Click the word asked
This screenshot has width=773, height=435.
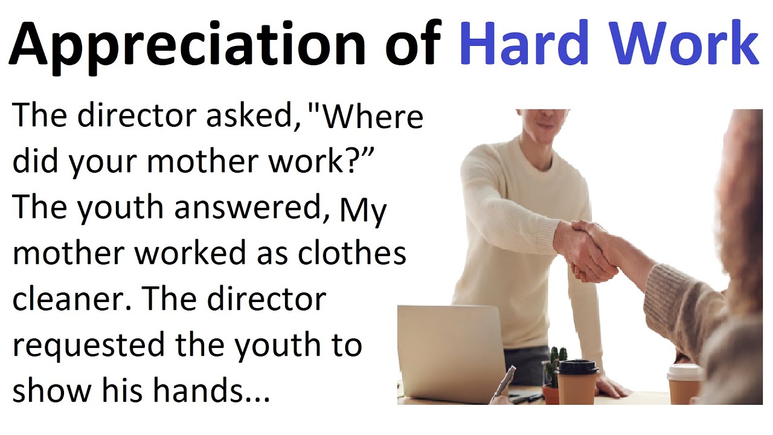tap(250, 116)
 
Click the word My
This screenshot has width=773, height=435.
tap(363, 211)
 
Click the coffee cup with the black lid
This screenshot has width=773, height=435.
tap(577, 381)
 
